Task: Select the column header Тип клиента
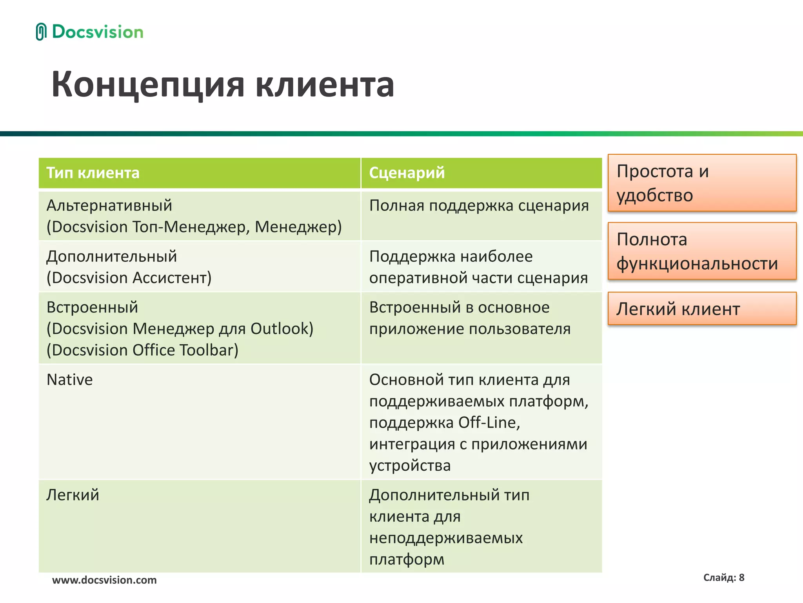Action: tap(93, 173)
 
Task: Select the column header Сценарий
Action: tap(407, 173)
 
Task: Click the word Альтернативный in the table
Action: tap(109, 206)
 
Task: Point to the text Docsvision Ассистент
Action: tap(129, 278)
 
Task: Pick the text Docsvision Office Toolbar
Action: tap(142, 350)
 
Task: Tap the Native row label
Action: tap(70, 380)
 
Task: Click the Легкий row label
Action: tap(73, 495)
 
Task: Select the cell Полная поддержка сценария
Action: tap(479, 206)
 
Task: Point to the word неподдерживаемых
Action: tap(446, 538)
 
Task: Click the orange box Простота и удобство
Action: tap(702, 183)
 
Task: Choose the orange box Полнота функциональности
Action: tap(702, 251)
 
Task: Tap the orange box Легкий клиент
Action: tap(702, 309)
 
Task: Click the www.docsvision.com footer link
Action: tap(104, 580)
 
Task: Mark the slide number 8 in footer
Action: tap(741, 577)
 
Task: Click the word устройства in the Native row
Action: tap(410, 466)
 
